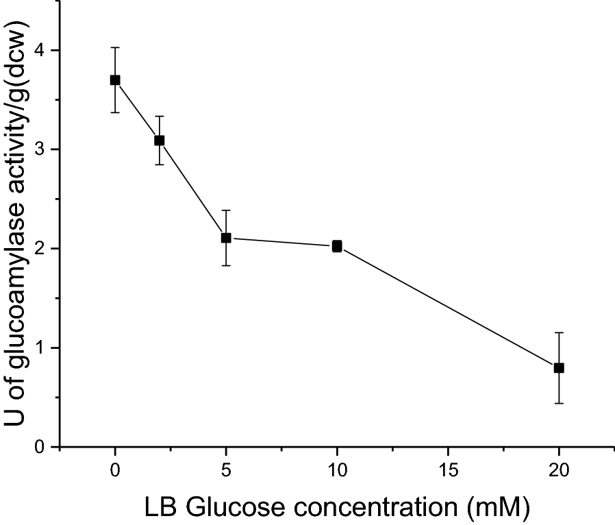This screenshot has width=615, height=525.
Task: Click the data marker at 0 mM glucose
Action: (x=115, y=80)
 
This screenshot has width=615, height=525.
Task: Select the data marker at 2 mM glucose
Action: (x=160, y=141)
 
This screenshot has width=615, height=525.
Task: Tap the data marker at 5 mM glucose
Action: (x=226, y=238)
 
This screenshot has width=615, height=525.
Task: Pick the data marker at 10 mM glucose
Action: (x=337, y=246)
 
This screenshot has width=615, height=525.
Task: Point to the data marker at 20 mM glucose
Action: (x=559, y=368)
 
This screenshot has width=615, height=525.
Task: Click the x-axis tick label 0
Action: (x=115, y=471)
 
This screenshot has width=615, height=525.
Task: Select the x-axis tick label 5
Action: (x=226, y=471)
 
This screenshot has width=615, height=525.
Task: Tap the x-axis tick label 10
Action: (x=337, y=471)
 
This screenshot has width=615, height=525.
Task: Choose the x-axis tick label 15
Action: (x=448, y=471)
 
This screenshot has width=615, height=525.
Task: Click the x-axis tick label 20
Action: (x=559, y=471)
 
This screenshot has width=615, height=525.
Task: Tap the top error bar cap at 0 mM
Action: (x=115, y=47)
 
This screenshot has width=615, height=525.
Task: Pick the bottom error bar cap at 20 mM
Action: (x=559, y=403)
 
